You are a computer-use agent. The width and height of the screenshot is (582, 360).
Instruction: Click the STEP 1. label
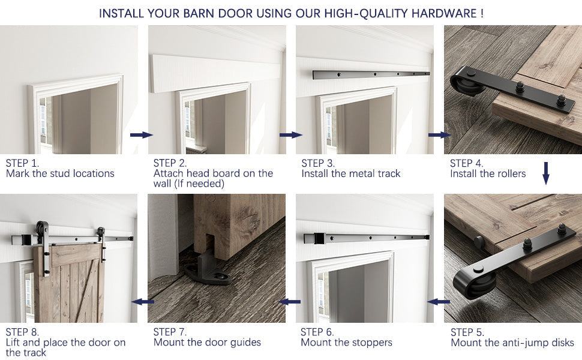(x=23, y=163)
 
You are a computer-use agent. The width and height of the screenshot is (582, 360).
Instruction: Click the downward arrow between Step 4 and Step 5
(x=546, y=173)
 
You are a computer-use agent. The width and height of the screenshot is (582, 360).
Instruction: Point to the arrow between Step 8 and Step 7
(x=143, y=301)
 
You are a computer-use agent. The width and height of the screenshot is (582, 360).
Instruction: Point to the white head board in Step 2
(x=216, y=73)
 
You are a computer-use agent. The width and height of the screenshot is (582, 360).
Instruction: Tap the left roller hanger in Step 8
(x=42, y=233)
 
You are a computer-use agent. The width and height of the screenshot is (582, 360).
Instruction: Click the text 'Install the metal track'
(x=350, y=174)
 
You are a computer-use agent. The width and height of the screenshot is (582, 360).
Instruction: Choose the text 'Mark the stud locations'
(x=60, y=174)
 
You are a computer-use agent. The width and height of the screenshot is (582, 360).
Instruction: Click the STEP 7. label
(x=170, y=332)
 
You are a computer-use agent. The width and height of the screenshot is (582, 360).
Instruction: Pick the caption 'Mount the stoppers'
(x=346, y=343)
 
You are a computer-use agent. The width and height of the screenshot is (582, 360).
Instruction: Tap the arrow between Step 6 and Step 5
(x=439, y=301)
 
